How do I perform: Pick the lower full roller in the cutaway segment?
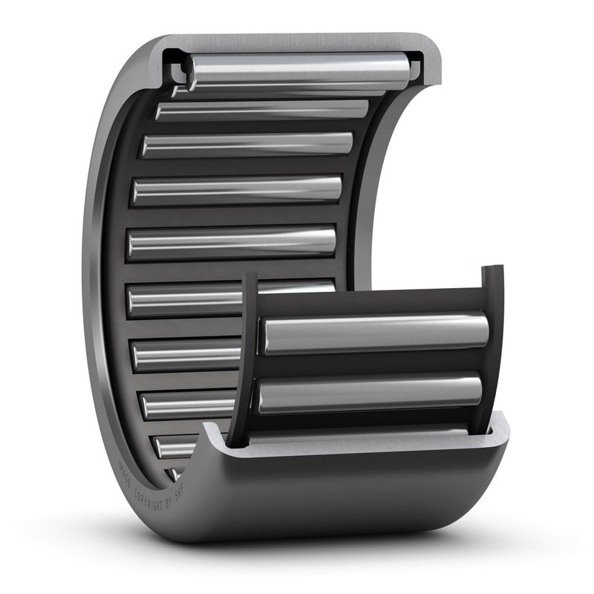369,394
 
